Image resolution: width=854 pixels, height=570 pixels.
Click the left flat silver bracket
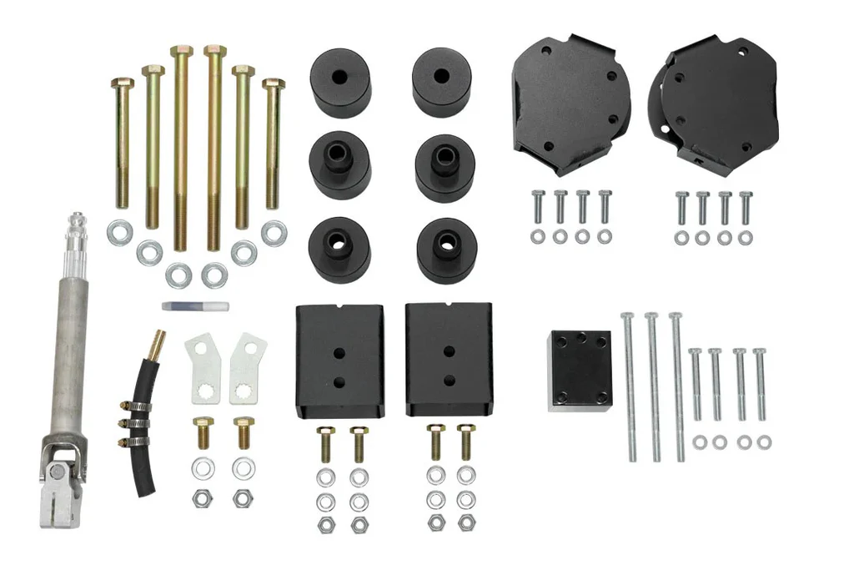coord(203,367)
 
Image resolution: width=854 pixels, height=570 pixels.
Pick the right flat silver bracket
coord(248,367)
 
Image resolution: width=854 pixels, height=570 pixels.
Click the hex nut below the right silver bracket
coord(243,498)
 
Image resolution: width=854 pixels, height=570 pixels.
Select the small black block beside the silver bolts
coord(580,370)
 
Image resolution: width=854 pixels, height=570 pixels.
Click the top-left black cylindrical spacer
coord(339,83)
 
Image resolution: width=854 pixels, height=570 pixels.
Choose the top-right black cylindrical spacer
coord(441,82)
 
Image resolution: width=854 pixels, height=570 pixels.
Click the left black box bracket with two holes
coord(339,360)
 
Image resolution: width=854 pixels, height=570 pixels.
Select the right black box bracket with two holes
coord(449,359)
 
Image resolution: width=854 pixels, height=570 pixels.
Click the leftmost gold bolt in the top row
coord(123,142)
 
